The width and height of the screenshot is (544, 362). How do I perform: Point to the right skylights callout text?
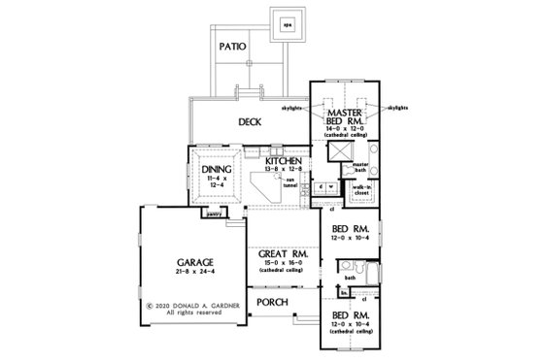coord(400,109)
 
